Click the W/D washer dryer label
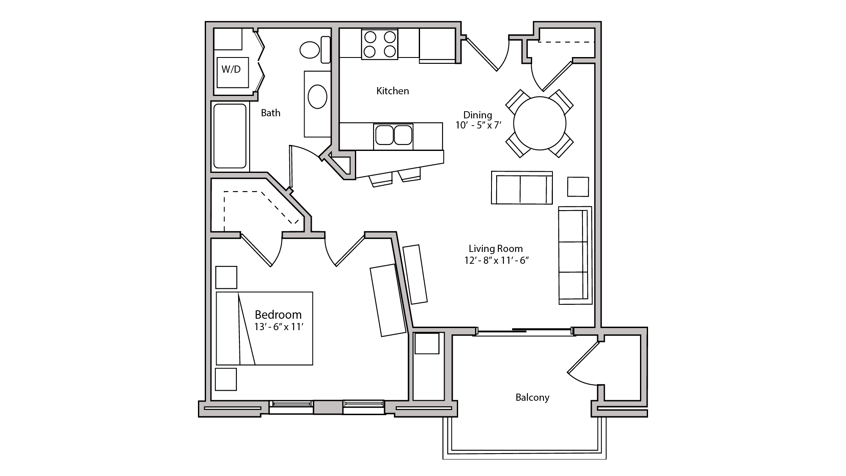(x=231, y=69)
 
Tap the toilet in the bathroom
(x=310, y=50)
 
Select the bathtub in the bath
(x=230, y=136)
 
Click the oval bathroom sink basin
(x=317, y=97)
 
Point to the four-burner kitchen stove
(x=379, y=44)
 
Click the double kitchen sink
(x=393, y=136)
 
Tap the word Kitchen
(x=393, y=91)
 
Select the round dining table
(x=539, y=123)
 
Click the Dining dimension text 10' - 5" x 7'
(x=478, y=126)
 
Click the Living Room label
(x=495, y=249)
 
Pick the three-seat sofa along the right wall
(x=574, y=255)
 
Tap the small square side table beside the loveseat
(x=578, y=186)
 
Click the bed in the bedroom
(x=264, y=328)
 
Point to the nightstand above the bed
(x=226, y=277)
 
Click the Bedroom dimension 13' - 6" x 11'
(x=279, y=327)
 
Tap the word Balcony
(x=532, y=397)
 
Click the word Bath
(x=270, y=113)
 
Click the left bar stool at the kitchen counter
(x=381, y=179)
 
